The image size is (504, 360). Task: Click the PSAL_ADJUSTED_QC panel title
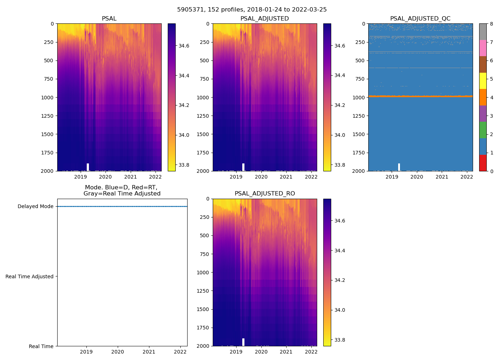pyautogui.click(x=420, y=19)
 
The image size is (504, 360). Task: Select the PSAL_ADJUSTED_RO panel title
pyautogui.click(x=265, y=194)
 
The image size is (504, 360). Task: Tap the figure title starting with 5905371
pyautogui.click(x=252, y=10)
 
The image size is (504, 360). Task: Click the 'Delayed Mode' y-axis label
pyautogui.click(x=35, y=206)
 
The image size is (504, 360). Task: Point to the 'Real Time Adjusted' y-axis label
pyautogui.click(x=30, y=276)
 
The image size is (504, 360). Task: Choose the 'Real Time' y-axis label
pyautogui.click(x=41, y=346)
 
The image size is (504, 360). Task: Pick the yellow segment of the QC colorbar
pyautogui.click(x=482, y=81)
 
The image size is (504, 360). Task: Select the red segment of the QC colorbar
pyautogui.click(x=482, y=163)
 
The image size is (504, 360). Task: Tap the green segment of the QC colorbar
pyautogui.click(x=482, y=130)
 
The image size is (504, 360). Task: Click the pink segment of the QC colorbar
pyautogui.click(x=482, y=48)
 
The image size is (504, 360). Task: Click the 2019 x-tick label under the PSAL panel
pyautogui.click(x=81, y=177)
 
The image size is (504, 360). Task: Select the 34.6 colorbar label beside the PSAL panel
pyautogui.click(x=184, y=46)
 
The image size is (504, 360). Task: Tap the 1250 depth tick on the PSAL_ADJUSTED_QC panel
pyautogui.click(x=359, y=116)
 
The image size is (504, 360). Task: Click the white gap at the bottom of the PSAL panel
pyautogui.click(x=88, y=167)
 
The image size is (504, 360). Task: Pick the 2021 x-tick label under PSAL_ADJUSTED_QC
pyautogui.click(x=442, y=177)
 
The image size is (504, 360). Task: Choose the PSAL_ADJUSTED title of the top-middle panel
pyautogui.click(x=265, y=19)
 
